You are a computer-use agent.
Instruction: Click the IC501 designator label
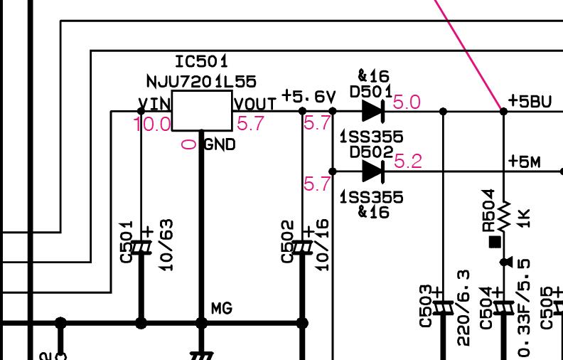pyautogui.click(x=201, y=62)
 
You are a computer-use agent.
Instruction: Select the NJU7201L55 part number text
pyautogui.click(x=201, y=81)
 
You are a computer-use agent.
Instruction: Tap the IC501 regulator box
pyautogui.click(x=201, y=110)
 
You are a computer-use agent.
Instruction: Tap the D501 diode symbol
pyautogui.click(x=373, y=111)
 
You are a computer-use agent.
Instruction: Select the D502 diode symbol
pyautogui.click(x=373, y=171)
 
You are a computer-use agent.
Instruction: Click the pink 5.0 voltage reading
pyautogui.click(x=407, y=102)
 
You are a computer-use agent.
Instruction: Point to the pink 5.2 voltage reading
pyautogui.click(x=407, y=162)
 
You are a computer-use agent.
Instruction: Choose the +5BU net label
pyautogui.click(x=530, y=101)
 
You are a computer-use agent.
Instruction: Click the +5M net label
pyautogui.click(x=525, y=162)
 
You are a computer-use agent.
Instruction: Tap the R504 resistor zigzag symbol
pyautogui.click(x=505, y=213)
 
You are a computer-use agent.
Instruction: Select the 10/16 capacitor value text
pyautogui.click(x=323, y=244)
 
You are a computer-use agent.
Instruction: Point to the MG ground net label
pyautogui.click(x=222, y=309)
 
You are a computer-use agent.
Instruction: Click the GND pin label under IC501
pyautogui.click(x=220, y=145)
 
